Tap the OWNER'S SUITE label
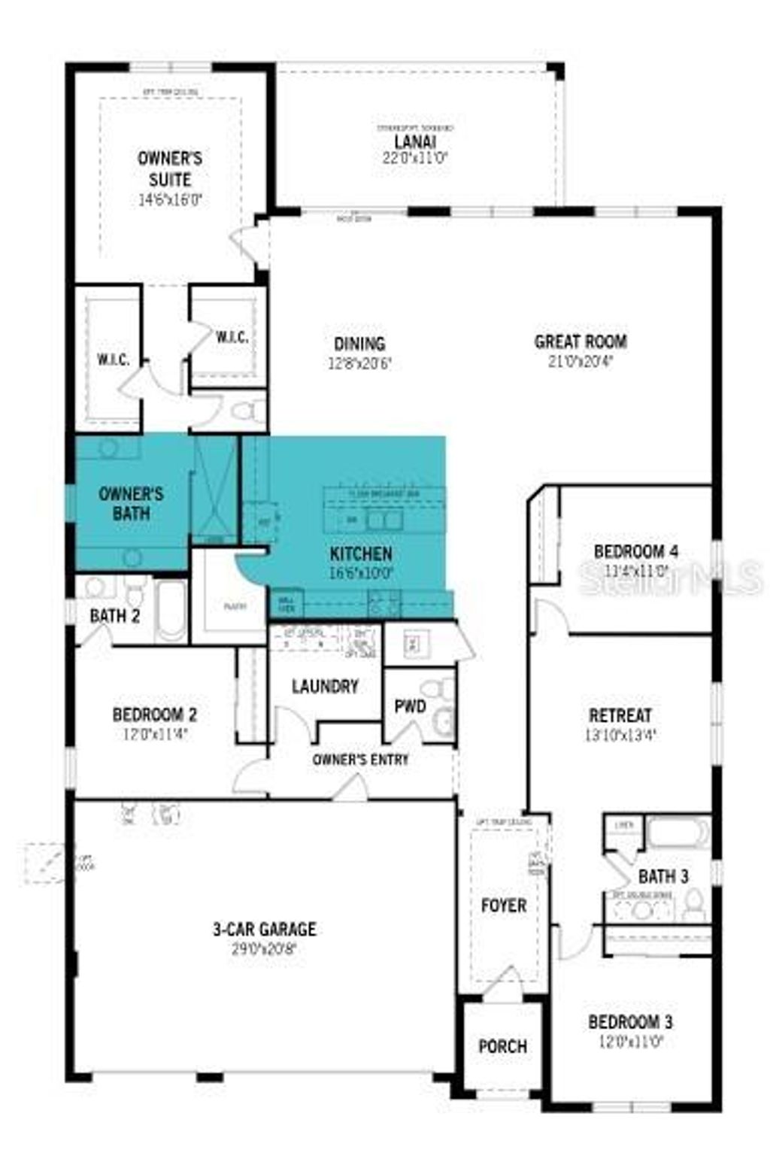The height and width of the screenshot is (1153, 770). click(x=170, y=168)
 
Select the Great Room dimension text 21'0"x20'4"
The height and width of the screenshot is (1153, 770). click(x=581, y=360)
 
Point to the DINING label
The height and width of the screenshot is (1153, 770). click(x=359, y=344)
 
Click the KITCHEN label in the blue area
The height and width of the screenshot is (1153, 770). click(x=361, y=554)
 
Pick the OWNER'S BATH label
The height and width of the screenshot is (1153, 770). click(x=131, y=503)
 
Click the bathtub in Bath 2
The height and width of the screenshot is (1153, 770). click(x=171, y=610)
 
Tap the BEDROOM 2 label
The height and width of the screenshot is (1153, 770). click(x=155, y=714)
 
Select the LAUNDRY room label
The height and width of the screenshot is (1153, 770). click(x=325, y=686)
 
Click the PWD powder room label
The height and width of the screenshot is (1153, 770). click(x=410, y=706)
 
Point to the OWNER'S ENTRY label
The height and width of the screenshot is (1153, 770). click(x=360, y=760)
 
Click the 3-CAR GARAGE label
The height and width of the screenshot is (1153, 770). click(x=264, y=929)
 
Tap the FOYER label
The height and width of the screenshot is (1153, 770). click(x=503, y=906)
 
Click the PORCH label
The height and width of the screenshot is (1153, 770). click(x=502, y=1046)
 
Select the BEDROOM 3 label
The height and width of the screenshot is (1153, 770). click(x=630, y=1022)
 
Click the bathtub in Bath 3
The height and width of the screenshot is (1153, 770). click(x=678, y=833)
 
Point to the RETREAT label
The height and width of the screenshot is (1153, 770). click(x=620, y=715)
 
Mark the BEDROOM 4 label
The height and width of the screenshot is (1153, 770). click(x=635, y=551)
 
